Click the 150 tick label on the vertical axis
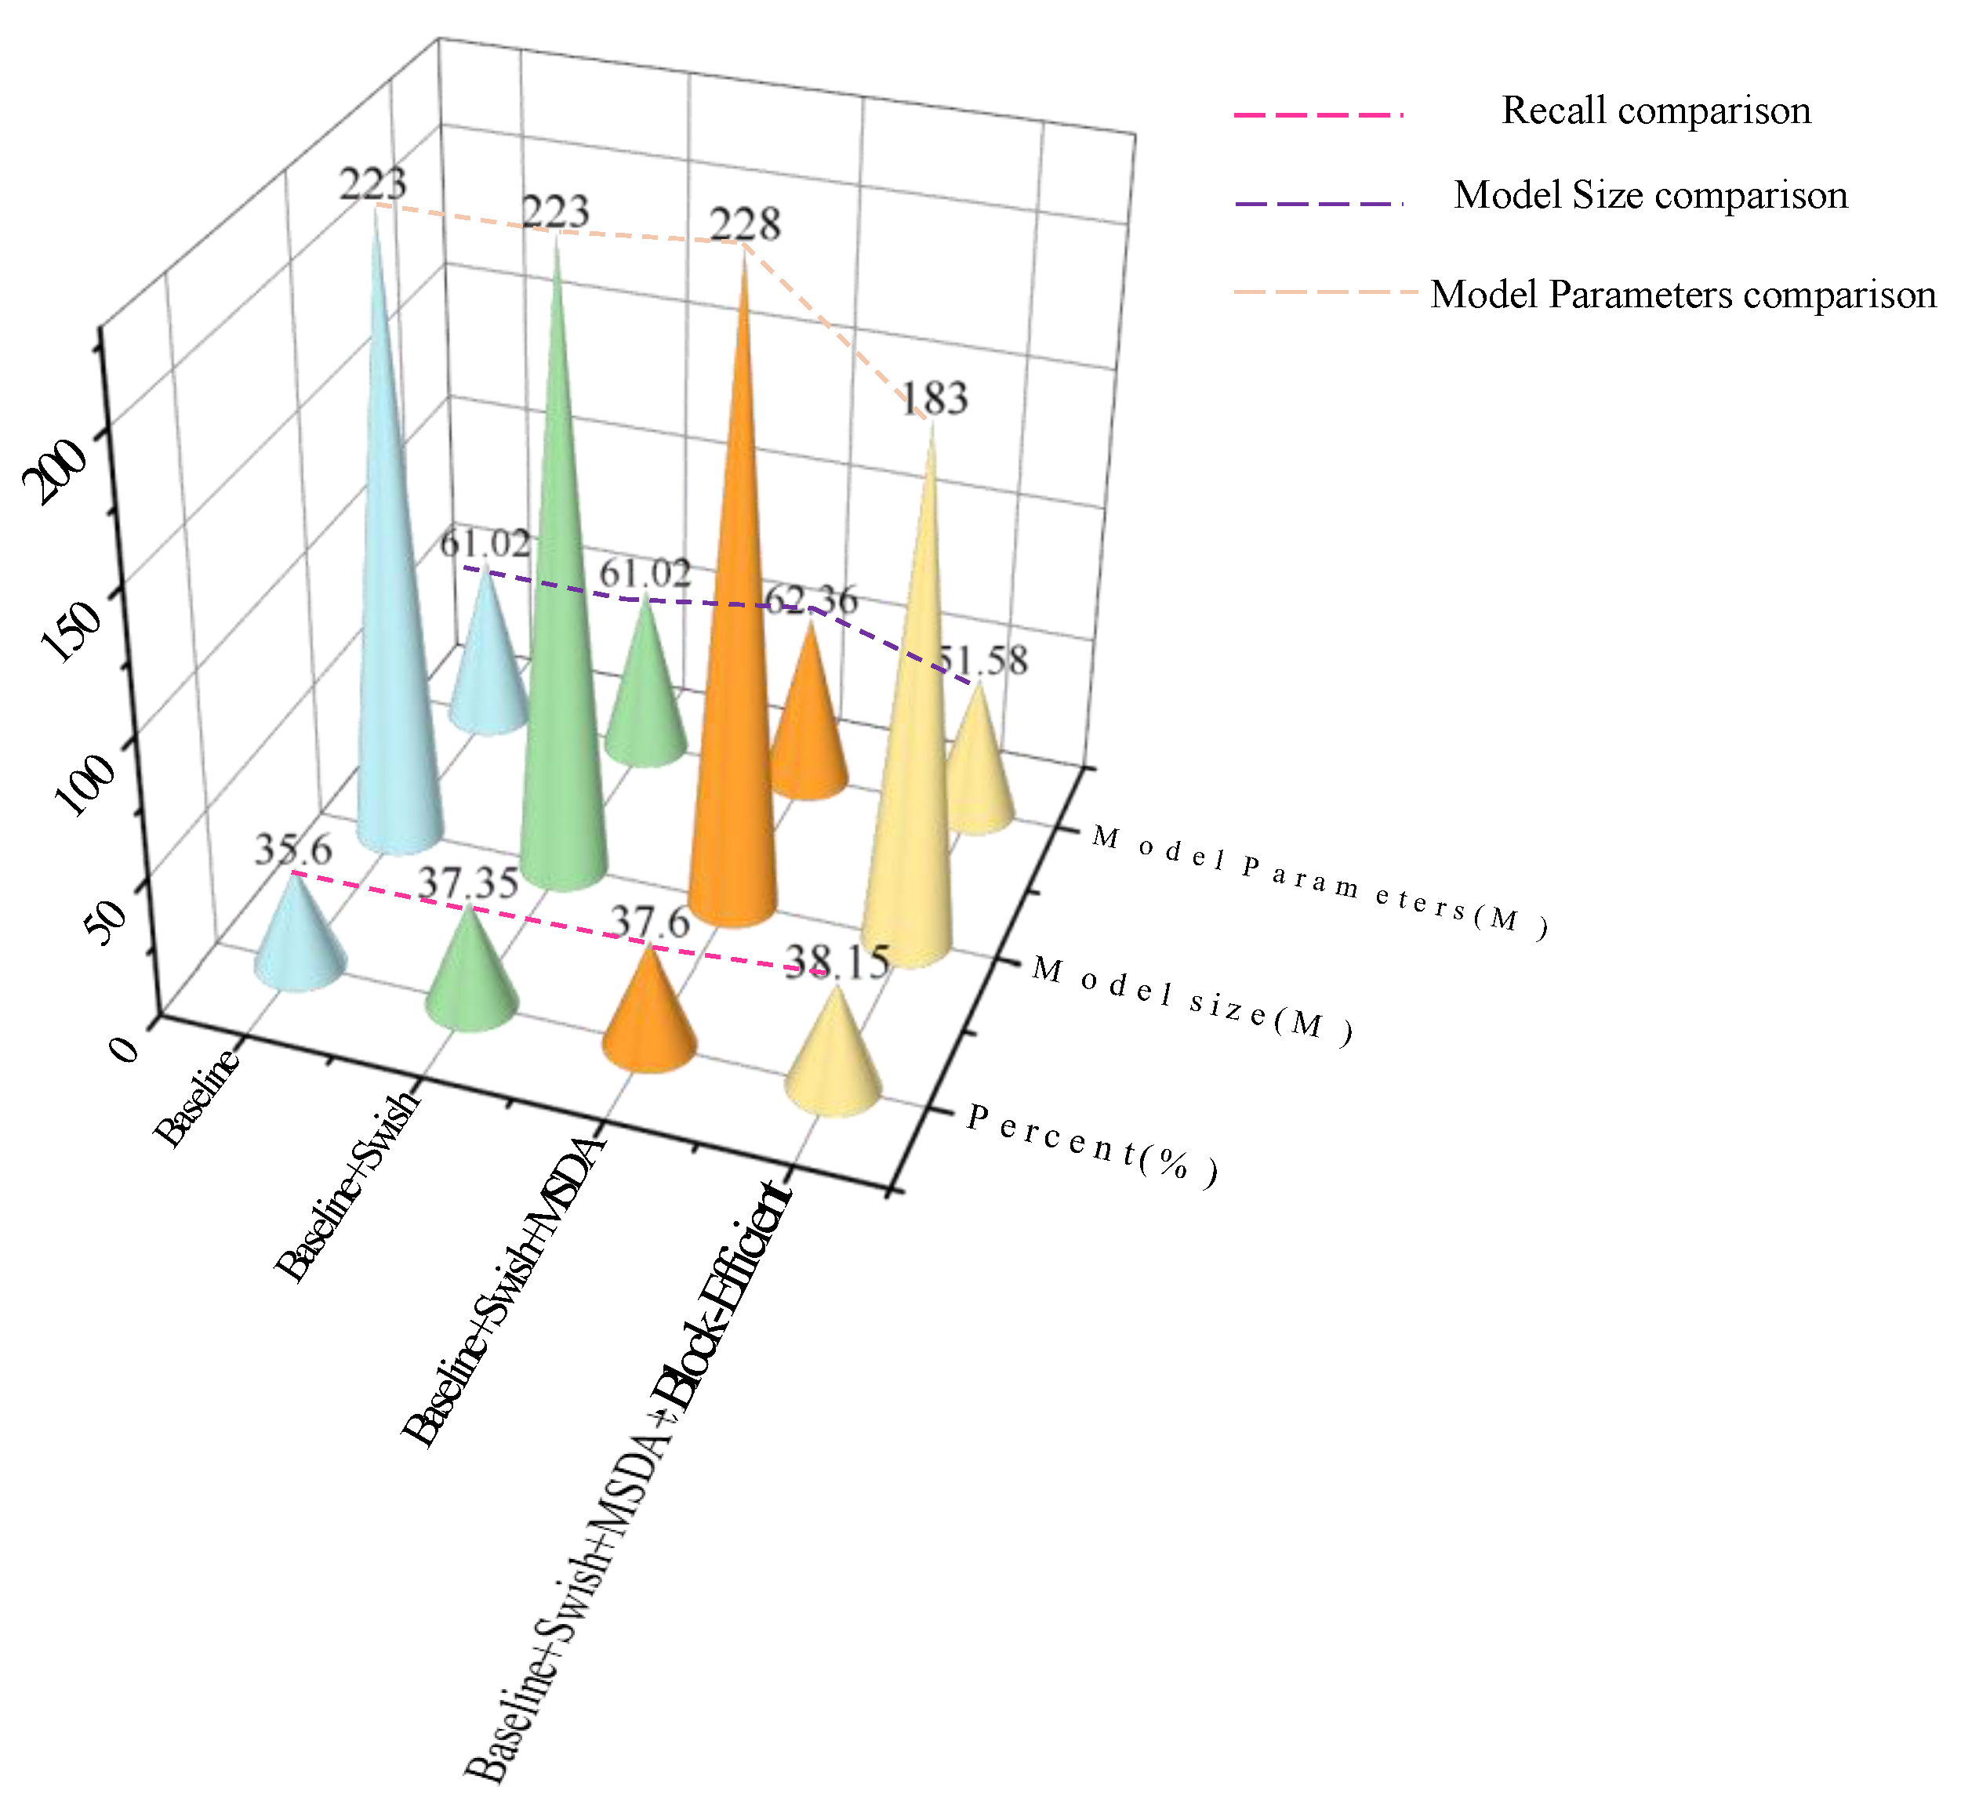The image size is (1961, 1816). click(71, 630)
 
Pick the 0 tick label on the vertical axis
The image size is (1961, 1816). click(125, 1049)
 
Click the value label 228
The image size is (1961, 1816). click(745, 225)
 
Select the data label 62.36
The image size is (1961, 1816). click(811, 600)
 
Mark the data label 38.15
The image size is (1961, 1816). click(837, 962)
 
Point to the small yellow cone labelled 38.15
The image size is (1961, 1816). click(833, 1061)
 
